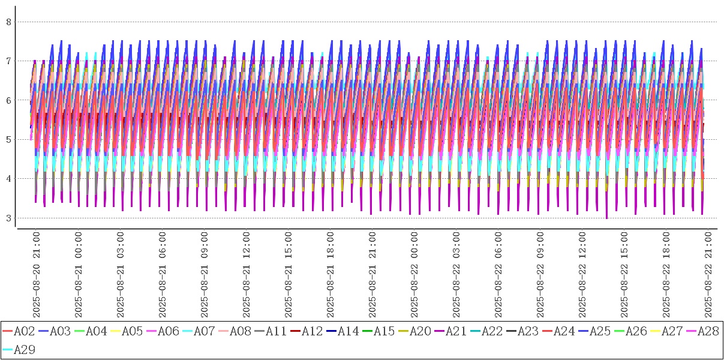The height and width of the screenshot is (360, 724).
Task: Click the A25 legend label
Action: (x=600, y=331)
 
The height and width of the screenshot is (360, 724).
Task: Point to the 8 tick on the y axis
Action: (x=9, y=22)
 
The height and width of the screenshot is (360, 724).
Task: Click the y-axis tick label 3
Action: (x=9, y=218)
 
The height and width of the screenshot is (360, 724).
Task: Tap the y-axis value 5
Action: (x=9, y=139)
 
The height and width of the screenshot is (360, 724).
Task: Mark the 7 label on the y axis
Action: (x=9, y=61)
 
